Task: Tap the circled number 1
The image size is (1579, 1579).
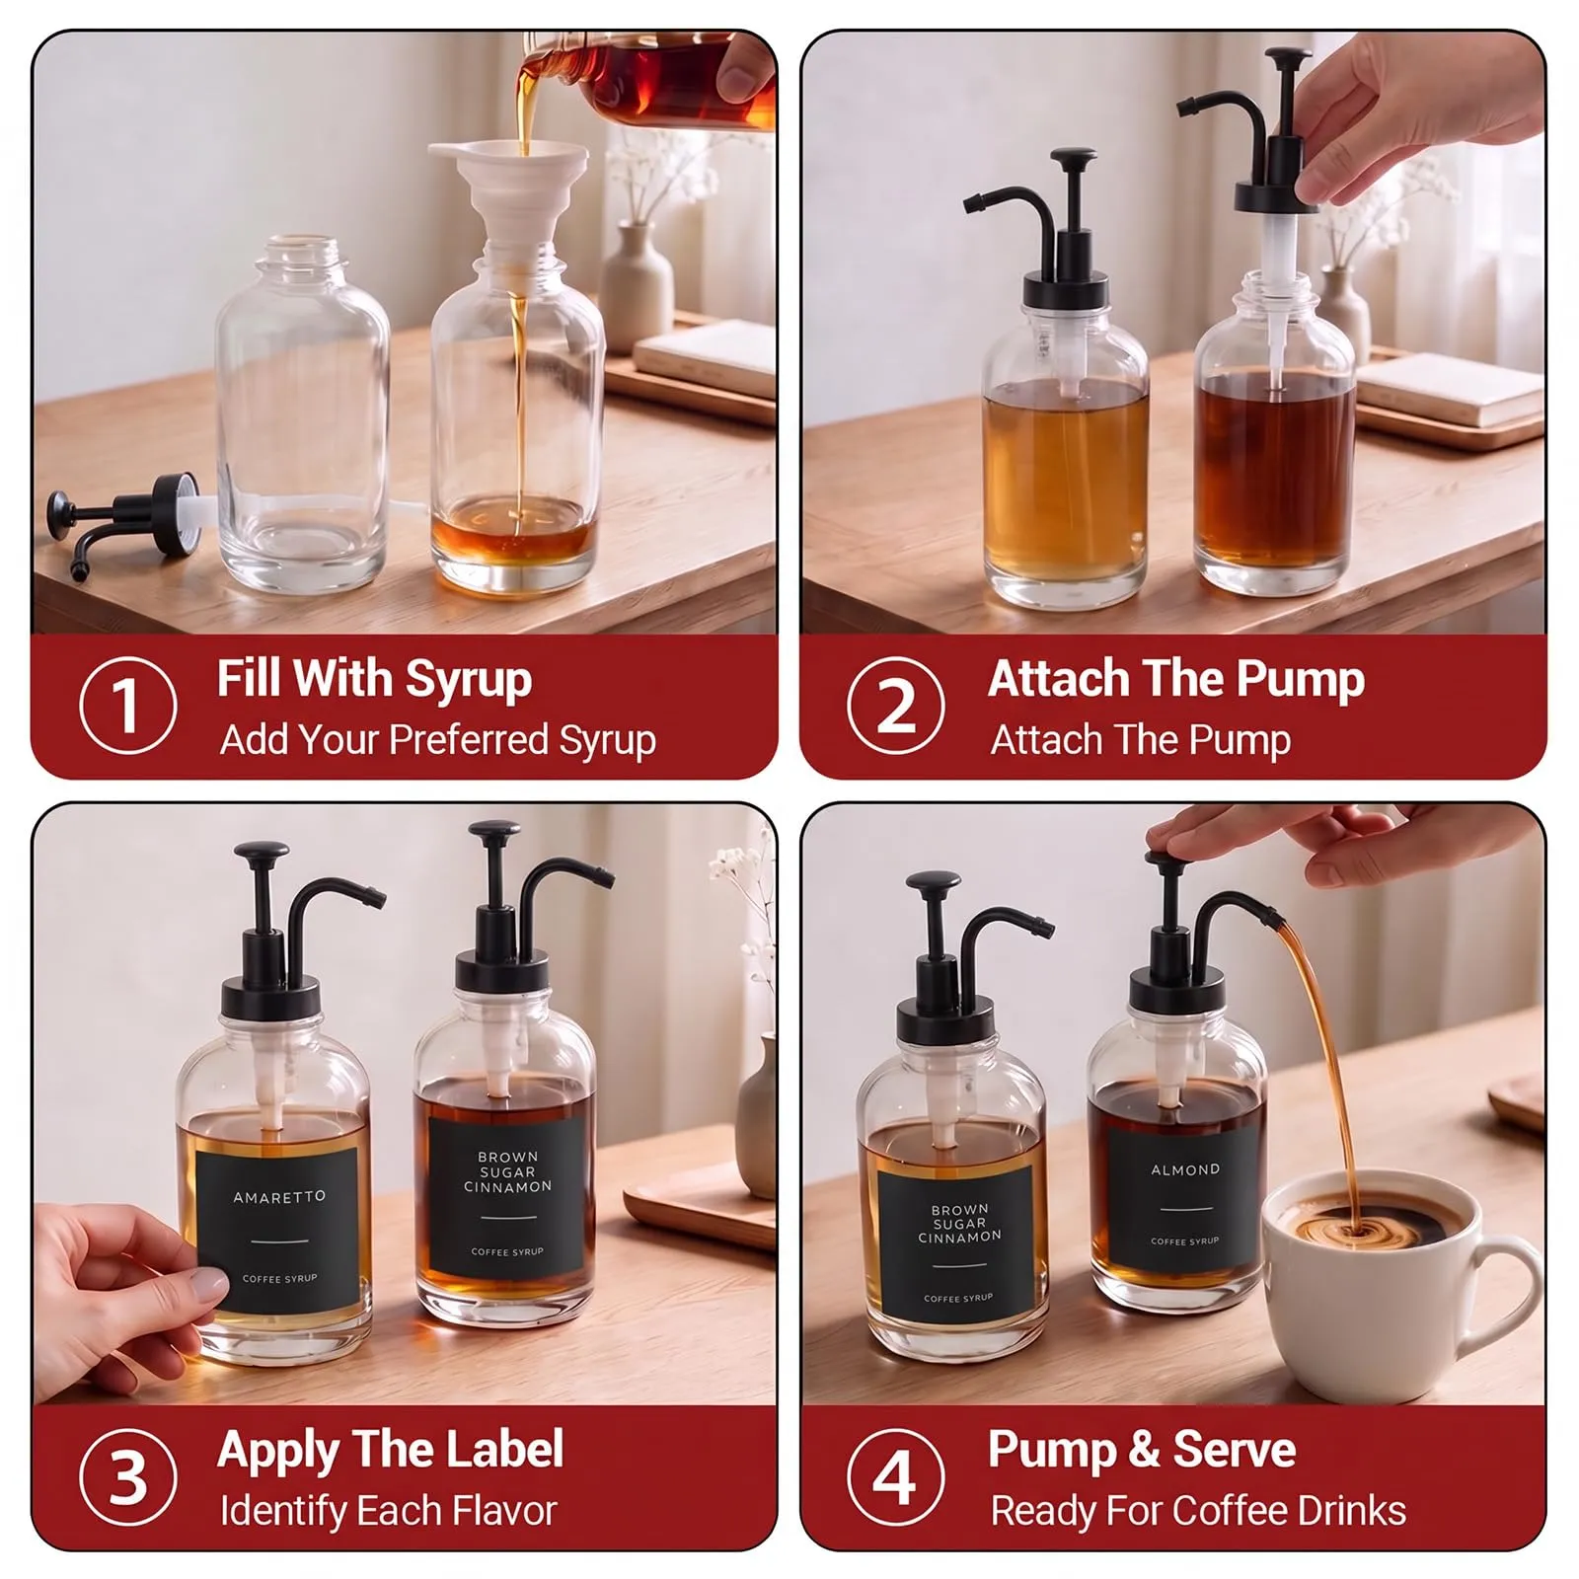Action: [128, 706]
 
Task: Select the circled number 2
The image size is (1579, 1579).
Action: [896, 706]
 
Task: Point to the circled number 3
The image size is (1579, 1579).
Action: [128, 1477]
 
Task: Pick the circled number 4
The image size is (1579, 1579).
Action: [896, 1477]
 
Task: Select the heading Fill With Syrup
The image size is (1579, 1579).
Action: [374, 680]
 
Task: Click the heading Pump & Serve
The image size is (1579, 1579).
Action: [1142, 1450]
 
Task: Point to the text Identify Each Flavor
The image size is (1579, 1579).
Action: [388, 1511]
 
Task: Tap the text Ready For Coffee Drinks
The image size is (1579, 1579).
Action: [1198, 1511]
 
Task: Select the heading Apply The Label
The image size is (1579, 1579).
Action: [391, 1450]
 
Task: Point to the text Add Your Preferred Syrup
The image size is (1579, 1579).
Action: [437, 740]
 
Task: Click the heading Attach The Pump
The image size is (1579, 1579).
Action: [1176, 679]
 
